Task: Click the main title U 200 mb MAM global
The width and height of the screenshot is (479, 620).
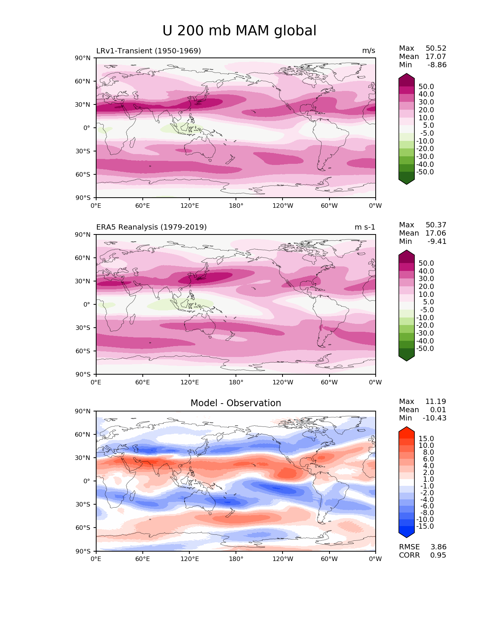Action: [239, 31]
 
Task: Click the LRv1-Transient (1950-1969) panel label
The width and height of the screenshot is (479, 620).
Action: [148, 51]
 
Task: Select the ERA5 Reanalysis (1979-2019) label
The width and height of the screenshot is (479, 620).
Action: [151, 227]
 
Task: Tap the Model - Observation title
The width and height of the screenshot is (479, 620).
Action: [236, 403]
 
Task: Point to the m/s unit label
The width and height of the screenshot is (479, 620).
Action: [369, 51]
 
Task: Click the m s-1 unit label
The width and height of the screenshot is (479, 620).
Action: [365, 227]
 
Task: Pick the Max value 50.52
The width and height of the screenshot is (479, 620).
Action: [436, 48]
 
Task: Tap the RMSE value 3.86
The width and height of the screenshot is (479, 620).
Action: [438, 547]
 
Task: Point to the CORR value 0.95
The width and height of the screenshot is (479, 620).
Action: [438, 555]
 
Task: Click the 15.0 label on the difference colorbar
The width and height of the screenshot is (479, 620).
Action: [426, 439]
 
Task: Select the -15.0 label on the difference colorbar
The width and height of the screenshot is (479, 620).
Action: [425, 526]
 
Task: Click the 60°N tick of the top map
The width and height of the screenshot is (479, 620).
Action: [85, 81]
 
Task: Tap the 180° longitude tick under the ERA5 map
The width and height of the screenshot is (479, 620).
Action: [236, 383]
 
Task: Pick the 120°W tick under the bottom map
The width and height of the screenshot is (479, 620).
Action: [283, 559]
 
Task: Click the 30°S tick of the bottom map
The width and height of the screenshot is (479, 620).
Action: [85, 504]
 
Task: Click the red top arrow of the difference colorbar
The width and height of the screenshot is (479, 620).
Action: [406, 430]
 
